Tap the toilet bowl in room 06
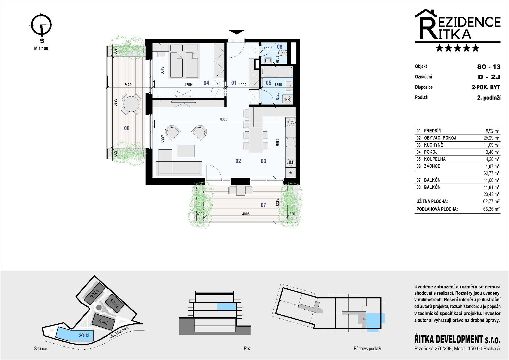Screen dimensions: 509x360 pyautogui.click(x=283, y=53)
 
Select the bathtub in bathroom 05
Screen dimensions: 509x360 pyautogui.click(x=277, y=72)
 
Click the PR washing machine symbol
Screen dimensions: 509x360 pyautogui.click(x=288, y=99)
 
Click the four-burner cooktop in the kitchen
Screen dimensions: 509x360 pyautogui.click(x=290, y=122)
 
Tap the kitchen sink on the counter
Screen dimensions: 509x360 pyautogui.click(x=291, y=142)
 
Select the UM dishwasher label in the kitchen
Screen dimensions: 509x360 pyautogui.click(x=290, y=162)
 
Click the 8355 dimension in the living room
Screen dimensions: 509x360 pyautogui.click(x=224, y=119)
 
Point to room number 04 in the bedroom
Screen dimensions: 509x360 pyautogui.click(x=206, y=83)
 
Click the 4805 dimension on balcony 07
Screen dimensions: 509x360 pyautogui.click(x=246, y=214)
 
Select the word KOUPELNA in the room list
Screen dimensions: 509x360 pyautogui.click(x=435, y=159)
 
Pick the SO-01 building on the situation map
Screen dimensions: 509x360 pyautogui.click(x=95, y=295)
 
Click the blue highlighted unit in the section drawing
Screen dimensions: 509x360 pyautogui.click(x=226, y=306)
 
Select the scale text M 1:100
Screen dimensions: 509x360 pyautogui.click(x=41, y=49)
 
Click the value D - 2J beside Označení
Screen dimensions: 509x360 pyautogui.click(x=489, y=77)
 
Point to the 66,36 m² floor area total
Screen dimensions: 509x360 pyautogui.click(x=492, y=209)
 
